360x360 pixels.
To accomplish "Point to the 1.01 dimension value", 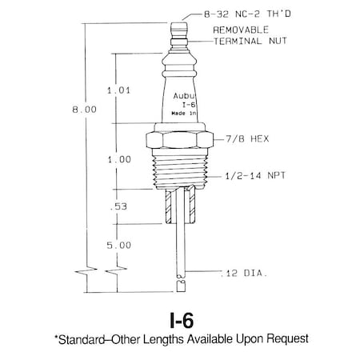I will click(x=118, y=90).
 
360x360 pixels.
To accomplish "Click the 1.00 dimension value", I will click(x=118, y=159).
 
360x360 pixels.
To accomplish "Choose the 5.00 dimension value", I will click(x=118, y=245).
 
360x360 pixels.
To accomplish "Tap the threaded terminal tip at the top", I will click(x=180, y=24).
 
